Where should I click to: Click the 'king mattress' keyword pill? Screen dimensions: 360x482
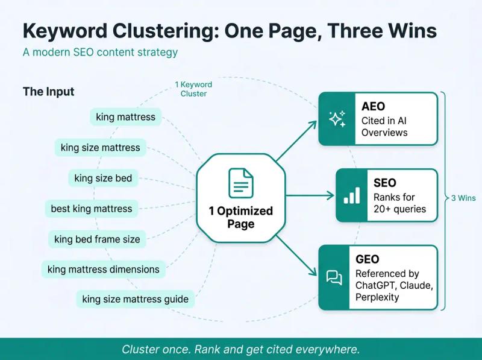pyautogui.click(x=125, y=117)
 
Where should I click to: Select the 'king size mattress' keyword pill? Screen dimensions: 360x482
pyautogui.click(x=100, y=147)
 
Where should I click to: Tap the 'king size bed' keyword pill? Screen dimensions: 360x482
pyautogui.click(x=103, y=178)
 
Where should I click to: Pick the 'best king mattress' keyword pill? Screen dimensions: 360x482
pyautogui.click(x=91, y=209)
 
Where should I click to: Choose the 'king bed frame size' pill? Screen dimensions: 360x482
pyautogui.click(x=97, y=239)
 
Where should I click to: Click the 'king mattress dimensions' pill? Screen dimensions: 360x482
pyautogui.click(x=103, y=269)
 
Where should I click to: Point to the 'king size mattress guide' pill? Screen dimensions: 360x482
pyautogui.click(x=135, y=298)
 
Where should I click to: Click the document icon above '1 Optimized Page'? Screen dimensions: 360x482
pyautogui.click(x=240, y=183)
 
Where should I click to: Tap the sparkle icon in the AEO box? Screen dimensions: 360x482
pyautogui.click(x=337, y=119)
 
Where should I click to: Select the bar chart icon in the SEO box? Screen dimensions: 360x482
pyautogui.click(x=351, y=195)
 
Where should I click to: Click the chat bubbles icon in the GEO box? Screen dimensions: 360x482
pyautogui.click(x=334, y=277)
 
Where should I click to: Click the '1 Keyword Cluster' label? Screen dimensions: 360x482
pyautogui.click(x=193, y=89)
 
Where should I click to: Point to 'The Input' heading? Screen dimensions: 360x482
pyautogui.click(x=49, y=92)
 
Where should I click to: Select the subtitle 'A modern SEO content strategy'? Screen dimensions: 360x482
pyautogui.click(x=100, y=52)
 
